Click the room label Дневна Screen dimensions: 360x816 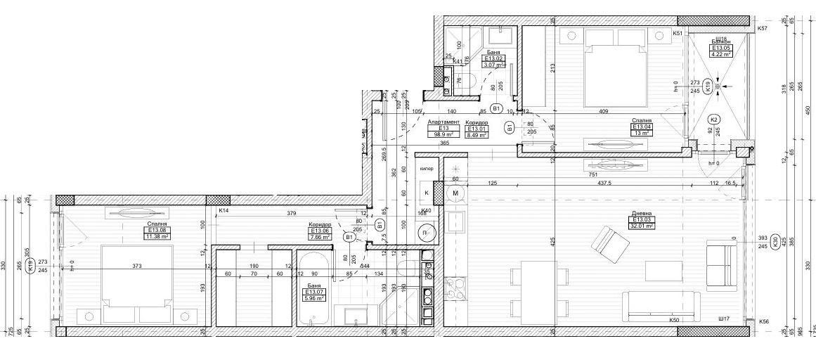[x=640, y=212]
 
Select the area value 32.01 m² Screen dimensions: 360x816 [x=640, y=226]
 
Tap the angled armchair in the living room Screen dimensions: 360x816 [x=609, y=243]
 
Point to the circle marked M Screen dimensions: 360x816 [x=455, y=193]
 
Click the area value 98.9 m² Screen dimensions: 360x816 [x=443, y=134]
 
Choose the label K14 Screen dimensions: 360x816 [x=224, y=210]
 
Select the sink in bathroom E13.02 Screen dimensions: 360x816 [x=504, y=33]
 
